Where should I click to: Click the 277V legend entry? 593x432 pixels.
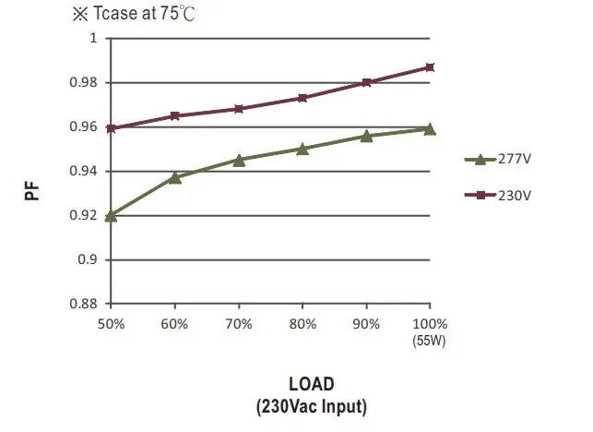[498, 159]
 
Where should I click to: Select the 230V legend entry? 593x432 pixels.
[498, 195]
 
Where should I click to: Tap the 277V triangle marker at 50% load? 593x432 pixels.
[112, 215]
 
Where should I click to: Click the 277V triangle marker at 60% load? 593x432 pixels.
[175, 177]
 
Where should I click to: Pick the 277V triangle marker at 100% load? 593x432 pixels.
[430, 128]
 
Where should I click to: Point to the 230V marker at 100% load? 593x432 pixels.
[430, 67]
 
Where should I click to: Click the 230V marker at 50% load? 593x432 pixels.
[112, 128]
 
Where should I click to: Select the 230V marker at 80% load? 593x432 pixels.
[302, 98]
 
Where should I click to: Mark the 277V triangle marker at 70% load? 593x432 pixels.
[239, 160]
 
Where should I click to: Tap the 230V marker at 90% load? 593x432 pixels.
[366, 82]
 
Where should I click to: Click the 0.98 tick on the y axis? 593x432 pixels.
[86, 83]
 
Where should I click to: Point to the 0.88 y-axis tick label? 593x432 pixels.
[86, 304]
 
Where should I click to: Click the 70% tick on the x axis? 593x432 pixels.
[239, 324]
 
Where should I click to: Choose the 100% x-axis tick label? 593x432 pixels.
[430, 324]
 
